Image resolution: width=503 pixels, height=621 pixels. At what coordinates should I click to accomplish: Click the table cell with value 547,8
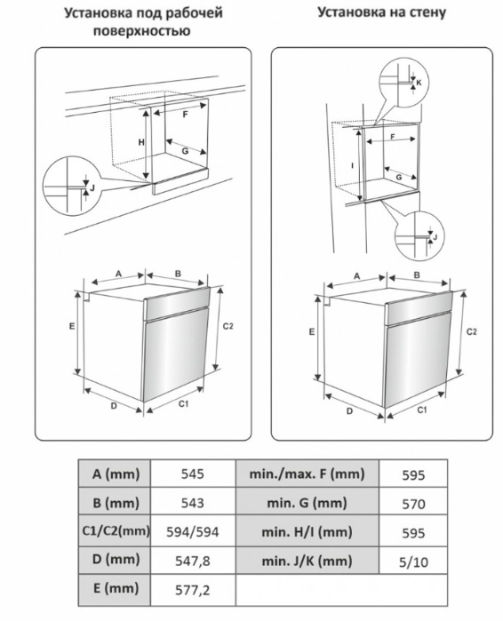193,561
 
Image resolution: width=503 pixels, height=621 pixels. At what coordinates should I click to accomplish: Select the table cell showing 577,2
193,590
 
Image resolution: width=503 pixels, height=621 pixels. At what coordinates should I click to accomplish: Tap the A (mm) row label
115,474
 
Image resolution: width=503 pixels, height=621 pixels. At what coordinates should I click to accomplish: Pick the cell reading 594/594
193,531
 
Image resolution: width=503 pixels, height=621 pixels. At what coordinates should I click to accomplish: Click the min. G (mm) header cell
307,503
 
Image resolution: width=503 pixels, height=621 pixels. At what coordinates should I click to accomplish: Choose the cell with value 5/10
413,561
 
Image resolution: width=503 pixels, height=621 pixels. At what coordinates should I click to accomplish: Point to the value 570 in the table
413,504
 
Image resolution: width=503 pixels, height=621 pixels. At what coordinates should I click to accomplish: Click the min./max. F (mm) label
307,474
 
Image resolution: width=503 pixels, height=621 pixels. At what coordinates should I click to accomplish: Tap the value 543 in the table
193,503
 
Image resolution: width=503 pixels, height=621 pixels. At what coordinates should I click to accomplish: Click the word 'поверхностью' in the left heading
142,31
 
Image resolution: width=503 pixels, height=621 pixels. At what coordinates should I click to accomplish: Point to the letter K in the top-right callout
419,84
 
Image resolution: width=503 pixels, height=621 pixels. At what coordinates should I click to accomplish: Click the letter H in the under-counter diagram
141,142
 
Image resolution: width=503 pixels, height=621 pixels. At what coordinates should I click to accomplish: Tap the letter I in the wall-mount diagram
353,165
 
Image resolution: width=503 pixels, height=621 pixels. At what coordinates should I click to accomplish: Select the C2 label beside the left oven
228,326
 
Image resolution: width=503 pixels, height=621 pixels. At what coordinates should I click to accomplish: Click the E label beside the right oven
312,332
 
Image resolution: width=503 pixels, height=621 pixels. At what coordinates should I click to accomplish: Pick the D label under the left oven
113,406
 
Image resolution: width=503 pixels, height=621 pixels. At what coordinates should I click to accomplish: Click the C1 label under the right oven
422,410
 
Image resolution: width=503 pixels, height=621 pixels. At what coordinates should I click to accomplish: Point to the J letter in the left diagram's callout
92,188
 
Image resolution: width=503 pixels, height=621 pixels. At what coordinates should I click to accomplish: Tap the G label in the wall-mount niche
399,178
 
